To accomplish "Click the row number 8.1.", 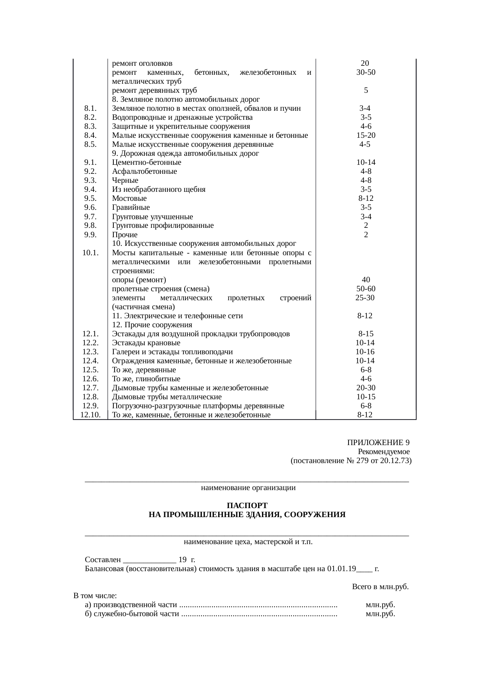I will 90,108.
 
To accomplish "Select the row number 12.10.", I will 90,415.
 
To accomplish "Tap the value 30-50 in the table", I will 366,72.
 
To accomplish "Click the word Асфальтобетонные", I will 144,171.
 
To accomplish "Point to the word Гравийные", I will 131,207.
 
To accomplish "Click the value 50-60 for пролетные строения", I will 366,289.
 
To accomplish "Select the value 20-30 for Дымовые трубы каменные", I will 366,388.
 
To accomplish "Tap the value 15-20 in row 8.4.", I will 366,135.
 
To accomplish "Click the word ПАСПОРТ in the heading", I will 247,505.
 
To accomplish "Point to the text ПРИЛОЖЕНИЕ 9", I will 378,443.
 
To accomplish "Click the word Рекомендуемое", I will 384,452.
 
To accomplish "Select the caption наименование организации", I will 248,488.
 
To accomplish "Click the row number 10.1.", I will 90,252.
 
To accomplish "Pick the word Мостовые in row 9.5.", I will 129,198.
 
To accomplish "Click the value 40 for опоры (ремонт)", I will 366,280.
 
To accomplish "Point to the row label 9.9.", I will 90,235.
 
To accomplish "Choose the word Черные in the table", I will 125,180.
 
